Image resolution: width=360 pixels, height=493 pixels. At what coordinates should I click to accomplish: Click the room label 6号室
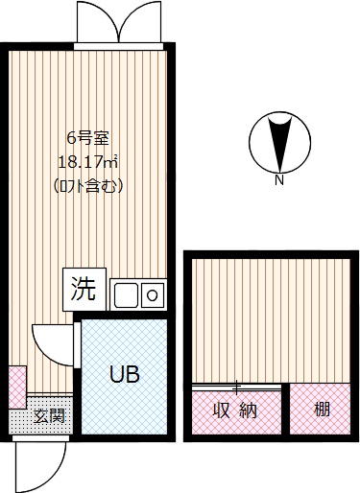(x=88, y=139)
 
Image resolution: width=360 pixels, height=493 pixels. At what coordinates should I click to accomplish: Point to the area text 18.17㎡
(x=88, y=163)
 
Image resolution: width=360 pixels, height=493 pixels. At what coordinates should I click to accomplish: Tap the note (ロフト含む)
(x=88, y=186)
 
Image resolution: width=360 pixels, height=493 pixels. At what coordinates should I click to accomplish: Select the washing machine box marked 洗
(x=84, y=290)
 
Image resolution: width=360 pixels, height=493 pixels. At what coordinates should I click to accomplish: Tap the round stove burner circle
(x=152, y=295)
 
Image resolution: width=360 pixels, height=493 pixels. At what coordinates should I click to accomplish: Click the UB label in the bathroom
(x=125, y=374)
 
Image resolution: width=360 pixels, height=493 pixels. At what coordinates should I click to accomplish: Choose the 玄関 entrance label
(x=49, y=416)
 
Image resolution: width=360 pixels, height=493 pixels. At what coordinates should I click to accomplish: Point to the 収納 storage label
(x=235, y=411)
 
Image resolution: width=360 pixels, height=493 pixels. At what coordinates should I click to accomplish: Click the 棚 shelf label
(x=322, y=409)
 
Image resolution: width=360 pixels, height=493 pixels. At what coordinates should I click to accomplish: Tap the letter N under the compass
(x=279, y=180)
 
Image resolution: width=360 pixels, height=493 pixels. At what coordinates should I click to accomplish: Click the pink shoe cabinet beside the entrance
(x=17, y=387)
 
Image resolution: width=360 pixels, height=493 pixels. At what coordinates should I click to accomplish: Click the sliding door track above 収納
(x=237, y=387)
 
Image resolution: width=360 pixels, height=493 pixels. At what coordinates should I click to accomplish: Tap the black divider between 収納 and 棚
(x=286, y=409)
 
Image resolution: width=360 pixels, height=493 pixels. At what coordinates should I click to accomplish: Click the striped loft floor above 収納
(x=271, y=320)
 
